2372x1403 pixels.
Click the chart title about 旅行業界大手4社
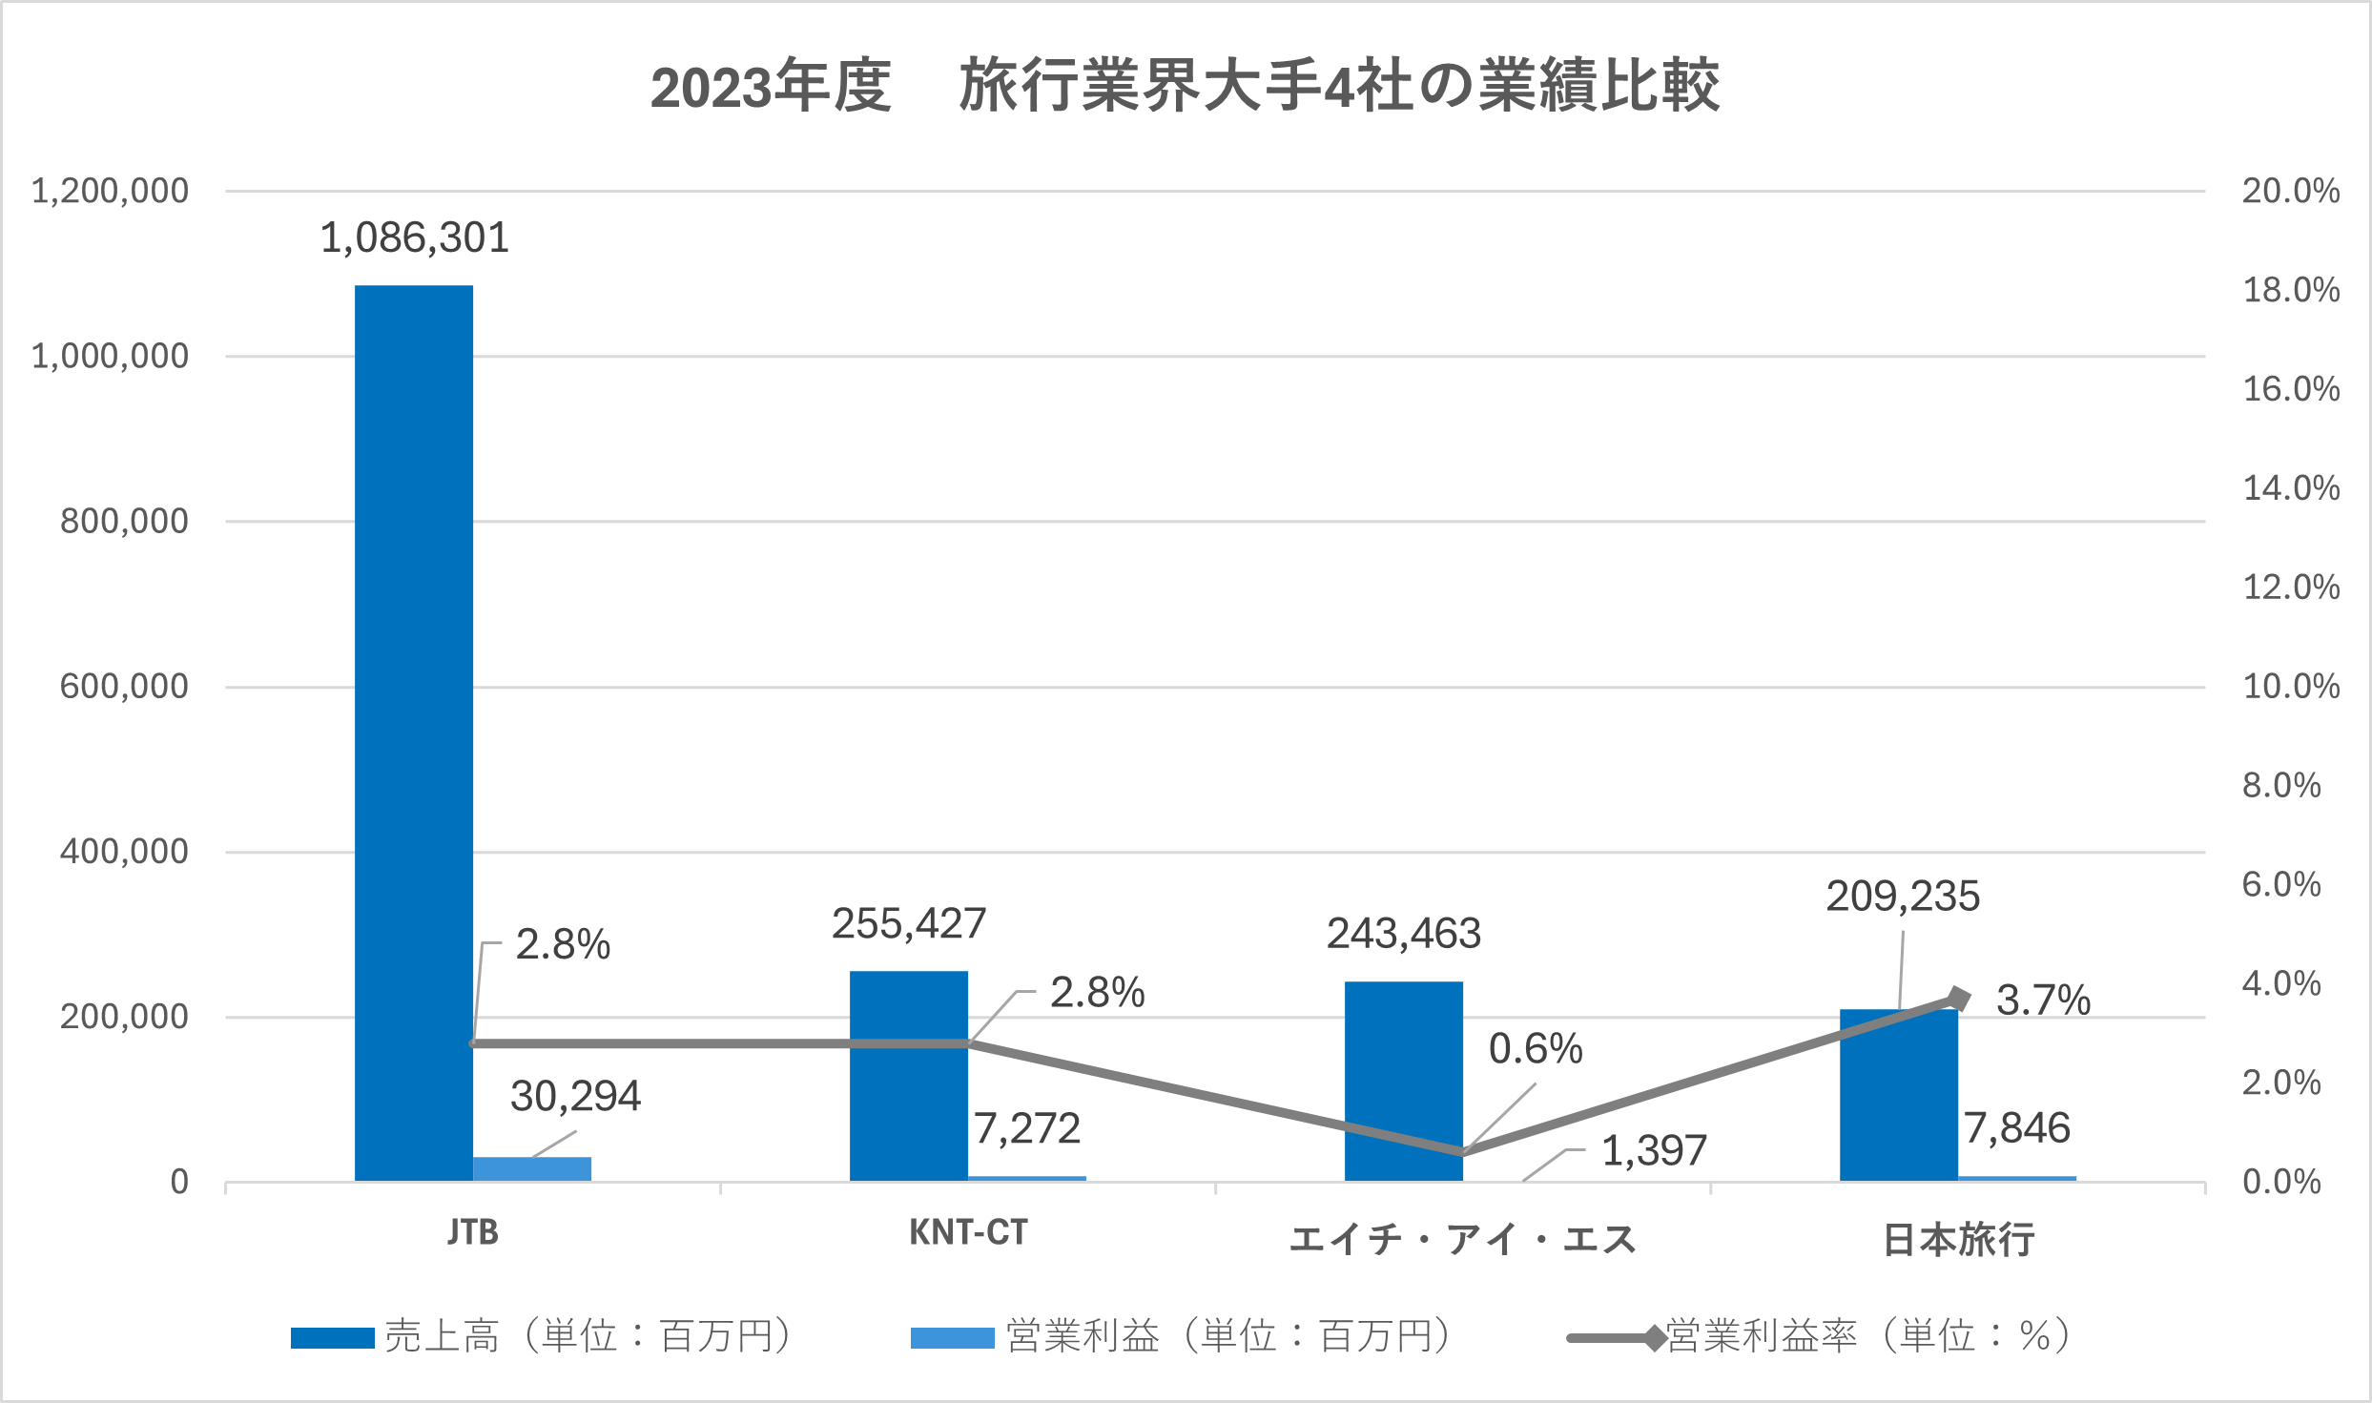[1185, 86]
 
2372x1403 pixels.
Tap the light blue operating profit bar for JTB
[532, 1168]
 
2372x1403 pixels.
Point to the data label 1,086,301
[414, 237]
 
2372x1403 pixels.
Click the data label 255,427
[908, 923]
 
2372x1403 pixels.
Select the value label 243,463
[1403, 933]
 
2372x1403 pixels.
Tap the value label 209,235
[1902, 897]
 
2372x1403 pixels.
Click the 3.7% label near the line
[2043, 1001]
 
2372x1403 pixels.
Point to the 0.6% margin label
[1536, 1049]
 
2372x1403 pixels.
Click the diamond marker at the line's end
[1957, 999]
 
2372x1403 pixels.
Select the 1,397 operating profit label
[1653, 1151]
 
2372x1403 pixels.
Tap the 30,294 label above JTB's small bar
[575, 1097]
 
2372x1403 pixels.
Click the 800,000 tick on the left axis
[124, 522]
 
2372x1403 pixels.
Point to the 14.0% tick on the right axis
[2290, 488]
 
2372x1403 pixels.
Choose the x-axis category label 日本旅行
[1958, 1239]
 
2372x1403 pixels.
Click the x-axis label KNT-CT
[967, 1233]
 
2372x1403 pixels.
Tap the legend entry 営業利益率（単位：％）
[1822, 1336]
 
